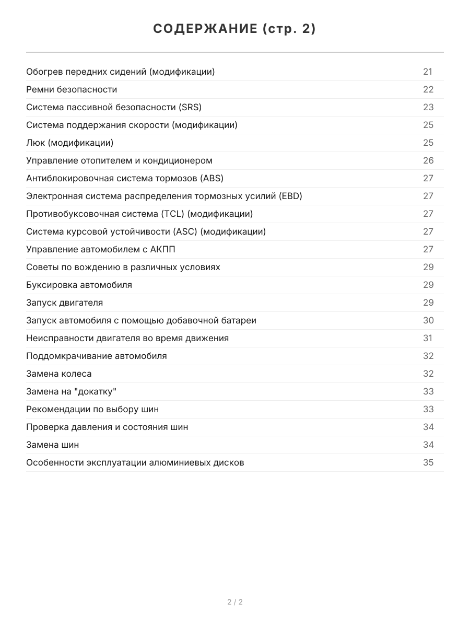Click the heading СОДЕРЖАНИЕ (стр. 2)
point(234,29)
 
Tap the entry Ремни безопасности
point(72,89)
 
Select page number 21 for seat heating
point(428,72)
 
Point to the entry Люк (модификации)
point(69,143)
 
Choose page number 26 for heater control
point(428,160)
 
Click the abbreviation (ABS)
point(211,178)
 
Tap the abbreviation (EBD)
point(290,196)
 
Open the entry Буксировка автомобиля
point(79,285)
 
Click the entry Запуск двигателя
point(64,303)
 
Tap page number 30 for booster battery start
point(428,320)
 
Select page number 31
point(428,338)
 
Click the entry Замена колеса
point(58,374)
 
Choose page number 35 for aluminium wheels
point(428,462)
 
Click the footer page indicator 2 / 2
point(235,602)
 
